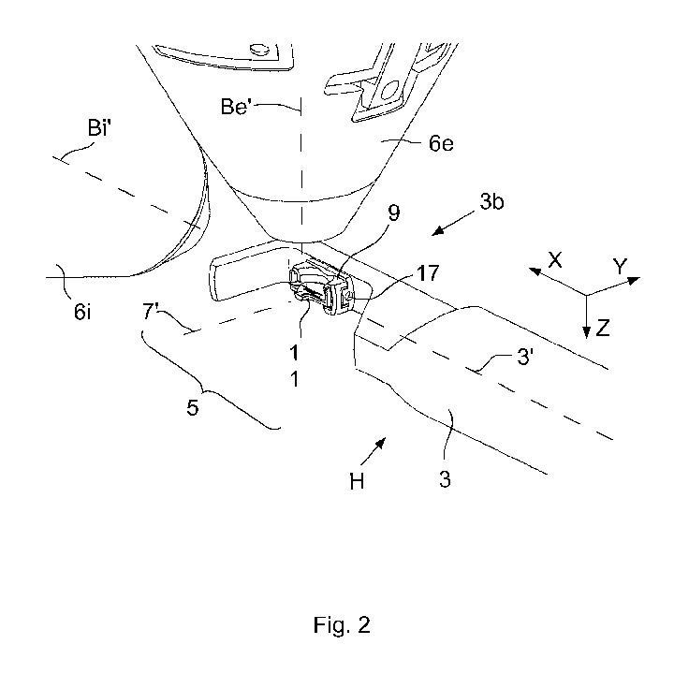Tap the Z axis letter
click(603, 328)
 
